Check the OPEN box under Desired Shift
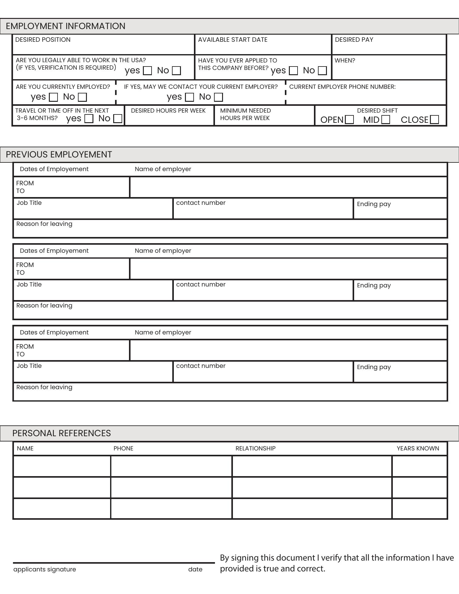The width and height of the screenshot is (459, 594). (x=349, y=119)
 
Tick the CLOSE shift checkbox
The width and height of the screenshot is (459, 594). (x=435, y=119)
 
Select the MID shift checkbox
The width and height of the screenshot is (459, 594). (x=386, y=119)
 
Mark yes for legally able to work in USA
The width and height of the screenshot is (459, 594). (x=148, y=71)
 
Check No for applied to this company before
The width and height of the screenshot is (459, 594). (x=322, y=71)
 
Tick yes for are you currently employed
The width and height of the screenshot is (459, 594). (x=54, y=97)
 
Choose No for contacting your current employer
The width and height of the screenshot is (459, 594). (x=218, y=97)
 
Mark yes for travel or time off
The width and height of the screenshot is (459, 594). (x=89, y=118)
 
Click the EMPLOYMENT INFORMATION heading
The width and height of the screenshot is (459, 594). (x=66, y=26)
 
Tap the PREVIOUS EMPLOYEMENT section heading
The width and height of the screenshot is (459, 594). (x=59, y=154)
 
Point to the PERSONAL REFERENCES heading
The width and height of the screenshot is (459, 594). (x=62, y=433)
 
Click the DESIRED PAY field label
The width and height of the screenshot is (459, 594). (x=354, y=40)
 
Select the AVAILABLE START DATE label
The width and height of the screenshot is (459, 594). (x=233, y=40)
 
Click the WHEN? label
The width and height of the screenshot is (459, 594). (x=345, y=60)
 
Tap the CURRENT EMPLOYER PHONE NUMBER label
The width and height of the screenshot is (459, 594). (x=342, y=87)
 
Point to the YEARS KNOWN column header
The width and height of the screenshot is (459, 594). (x=418, y=448)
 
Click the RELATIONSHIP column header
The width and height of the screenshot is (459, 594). (x=255, y=448)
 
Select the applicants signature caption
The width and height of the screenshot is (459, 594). (x=45, y=569)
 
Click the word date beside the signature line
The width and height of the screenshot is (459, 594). (x=195, y=569)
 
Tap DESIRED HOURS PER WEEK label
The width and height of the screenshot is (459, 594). (x=168, y=110)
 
